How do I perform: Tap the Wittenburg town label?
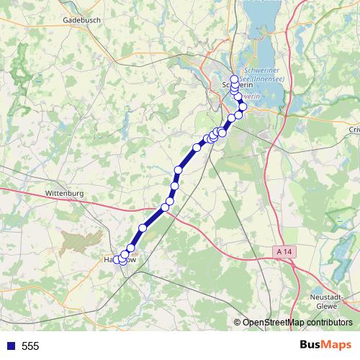pyautogui.click(x=65, y=194)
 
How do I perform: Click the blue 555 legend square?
pyautogui.click(x=11, y=346)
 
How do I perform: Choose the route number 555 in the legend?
pyautogui.click(x=30, y=346)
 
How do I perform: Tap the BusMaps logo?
pyautogui.click(x=325, y=346)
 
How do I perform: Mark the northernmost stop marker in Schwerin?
pyautogui.click(x=234, y=78)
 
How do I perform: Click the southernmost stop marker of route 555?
pyautogui.click(x=122, y=261)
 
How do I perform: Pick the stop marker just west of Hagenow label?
pyautogui.click(x=117, y=259)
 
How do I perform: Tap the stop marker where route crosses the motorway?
pyautogui.click(x=165, y=207)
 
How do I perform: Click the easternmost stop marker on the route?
pyautogui.click(x=243, y=107)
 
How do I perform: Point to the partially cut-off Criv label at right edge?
pyautogui.click(x=354, y=129)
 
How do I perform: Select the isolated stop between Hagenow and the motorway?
pyautogui.click(x=143, y=228)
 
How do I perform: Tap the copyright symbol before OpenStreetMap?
pyautogui.click(x=238, y=323)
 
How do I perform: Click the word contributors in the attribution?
pyautogui.click(x=328, y=323)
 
